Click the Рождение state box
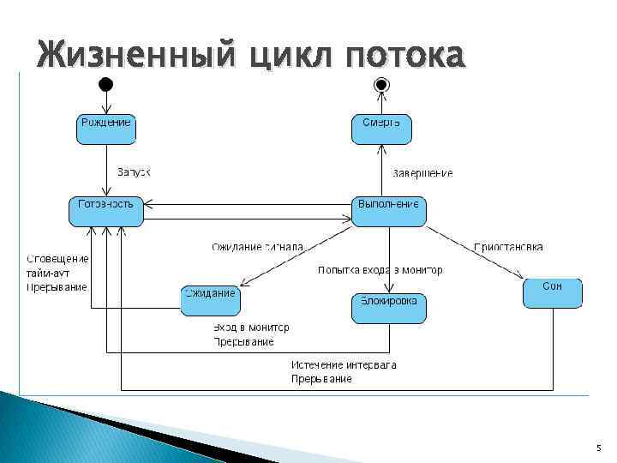pos(106,129)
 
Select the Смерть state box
pos(381,129)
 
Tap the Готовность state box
pos(106,211)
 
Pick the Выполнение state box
pos(389,211)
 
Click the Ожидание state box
pos(210,300)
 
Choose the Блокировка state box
pos(389,308)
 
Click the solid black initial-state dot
pos(105,85)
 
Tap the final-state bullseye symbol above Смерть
pos(381,85)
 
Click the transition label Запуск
pos(133,172)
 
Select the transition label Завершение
pos(422,173)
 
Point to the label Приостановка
pos(508,247)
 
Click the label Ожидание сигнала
pos(257,247)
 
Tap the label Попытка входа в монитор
pos(380,270)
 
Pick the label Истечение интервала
pos(344,365)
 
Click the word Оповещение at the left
pos(57,259)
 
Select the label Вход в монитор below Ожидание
pos(251,328)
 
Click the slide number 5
pos(598,448)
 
